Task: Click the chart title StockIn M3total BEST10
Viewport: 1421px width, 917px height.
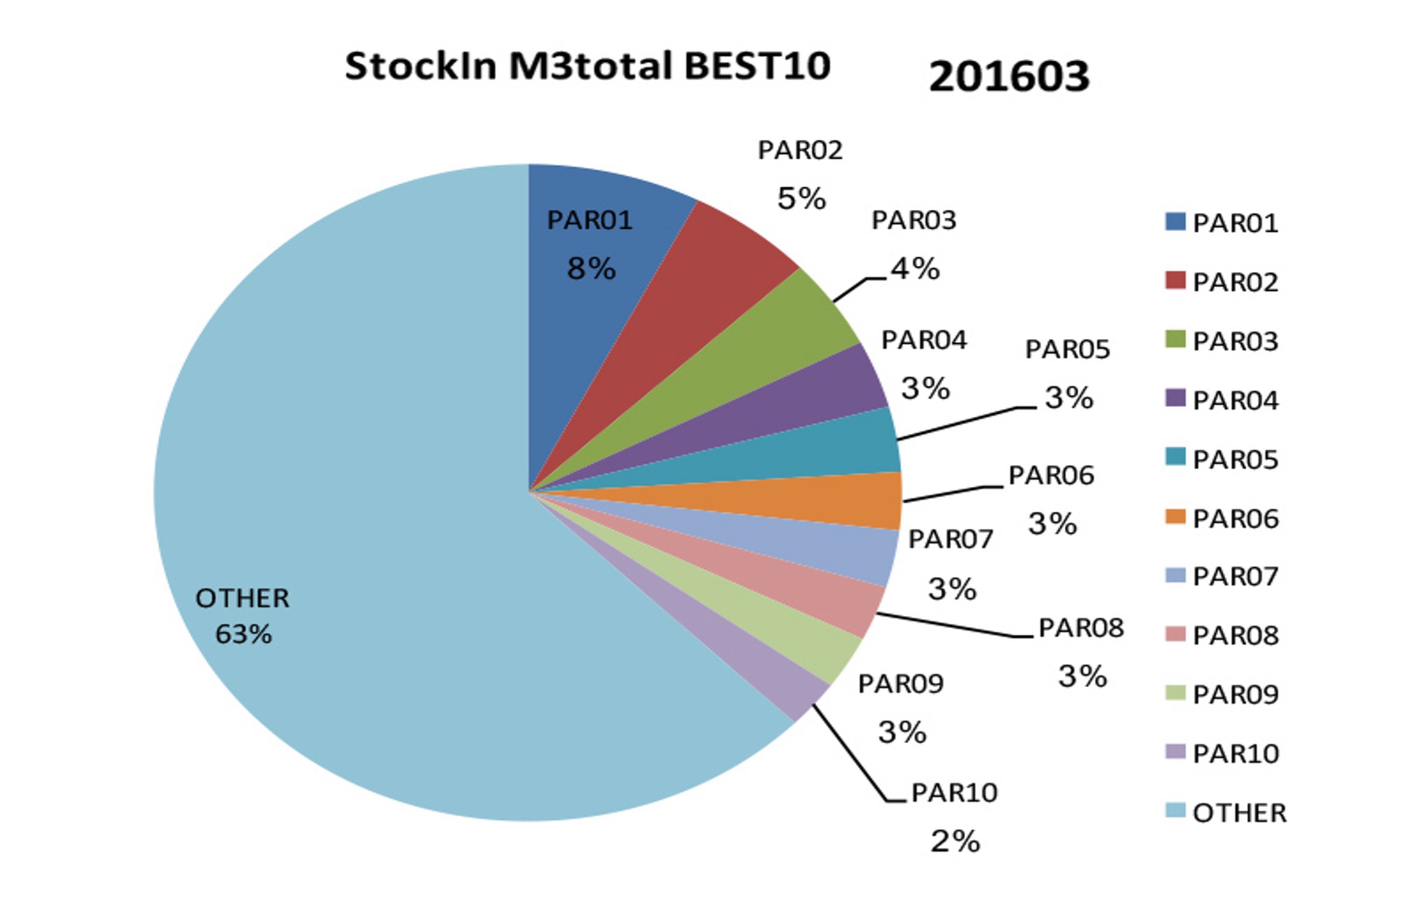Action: click(x=587, y=66)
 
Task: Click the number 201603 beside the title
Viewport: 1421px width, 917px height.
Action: click(x=1009, y=77)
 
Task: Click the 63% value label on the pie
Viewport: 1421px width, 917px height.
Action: click(x=244, y=635)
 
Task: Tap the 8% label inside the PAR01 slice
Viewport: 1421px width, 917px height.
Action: click(x=591, y=269)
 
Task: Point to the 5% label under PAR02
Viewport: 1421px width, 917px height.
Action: click(x=801, y=198)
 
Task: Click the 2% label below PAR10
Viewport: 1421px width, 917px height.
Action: click(x=955, y=841)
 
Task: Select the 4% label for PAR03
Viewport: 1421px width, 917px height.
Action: click(x=915, y=269)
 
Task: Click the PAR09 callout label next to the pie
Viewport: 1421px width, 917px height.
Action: click(x=900, y=684)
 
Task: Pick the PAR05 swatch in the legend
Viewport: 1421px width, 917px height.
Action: click(x=1175, y=457)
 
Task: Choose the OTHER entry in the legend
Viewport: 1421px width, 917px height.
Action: click(x=1239, y=813)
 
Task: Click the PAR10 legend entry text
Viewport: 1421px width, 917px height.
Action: click(x=1235, y=754)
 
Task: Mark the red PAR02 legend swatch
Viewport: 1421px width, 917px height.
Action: click(x=1175, y=280)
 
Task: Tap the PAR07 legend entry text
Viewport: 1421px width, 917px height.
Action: click(x=1235, y=576)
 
